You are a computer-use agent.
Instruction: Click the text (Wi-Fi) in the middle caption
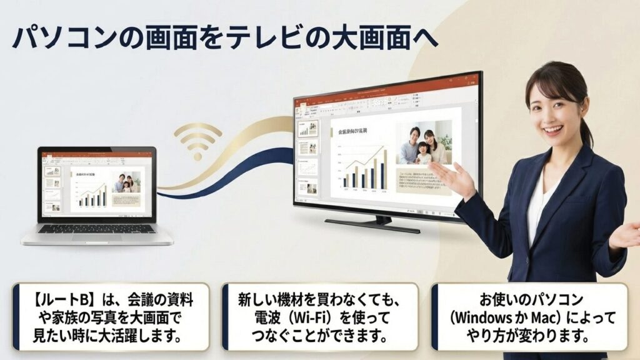[321, 318]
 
